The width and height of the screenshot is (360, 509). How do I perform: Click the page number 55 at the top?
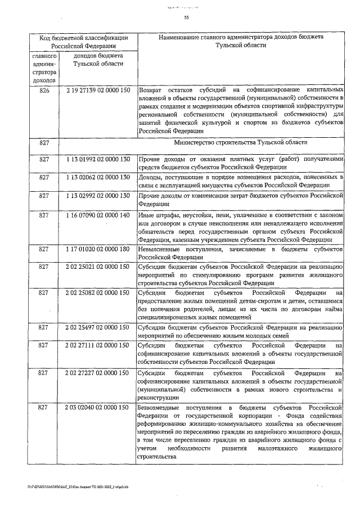[186, 18]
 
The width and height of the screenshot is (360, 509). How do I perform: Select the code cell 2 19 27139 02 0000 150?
[98, 90]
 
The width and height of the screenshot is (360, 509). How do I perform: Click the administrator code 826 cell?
[44, 90]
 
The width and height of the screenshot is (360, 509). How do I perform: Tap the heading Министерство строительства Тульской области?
[241, 143]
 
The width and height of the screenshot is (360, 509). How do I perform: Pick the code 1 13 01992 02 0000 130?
[98, 160]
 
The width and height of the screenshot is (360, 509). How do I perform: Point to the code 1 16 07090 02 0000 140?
[98, 215]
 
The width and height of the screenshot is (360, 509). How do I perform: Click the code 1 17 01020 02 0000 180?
[98, 249]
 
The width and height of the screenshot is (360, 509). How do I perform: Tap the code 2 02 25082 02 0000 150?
[98, 293]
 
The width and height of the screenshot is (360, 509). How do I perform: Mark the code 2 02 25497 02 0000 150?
[98, 327]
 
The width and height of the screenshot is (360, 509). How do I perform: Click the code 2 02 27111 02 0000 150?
[98, 345]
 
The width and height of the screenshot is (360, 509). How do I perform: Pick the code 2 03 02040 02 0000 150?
[98, 406]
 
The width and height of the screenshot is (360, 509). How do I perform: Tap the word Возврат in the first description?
[150, 90]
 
